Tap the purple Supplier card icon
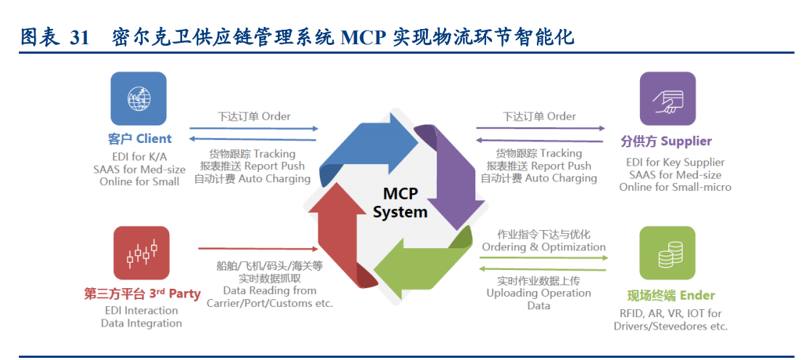click(x=667, y=99)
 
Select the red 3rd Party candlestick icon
click(x=141, y=253)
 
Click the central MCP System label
click(x=400, y=202)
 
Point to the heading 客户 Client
click(x=139, y=139)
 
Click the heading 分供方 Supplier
click(x=666, y=141)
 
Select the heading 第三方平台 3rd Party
click(x=142, y=294)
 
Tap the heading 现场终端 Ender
click(x=670, y=295)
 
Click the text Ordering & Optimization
click(x=543, y=247)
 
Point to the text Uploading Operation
click(x=538, y=293)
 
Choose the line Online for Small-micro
click(x=675, y=187)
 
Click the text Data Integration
click(x=141, y=323)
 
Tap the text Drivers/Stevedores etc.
click(x=670, y=326)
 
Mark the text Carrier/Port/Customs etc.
click(x=269, y=303)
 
